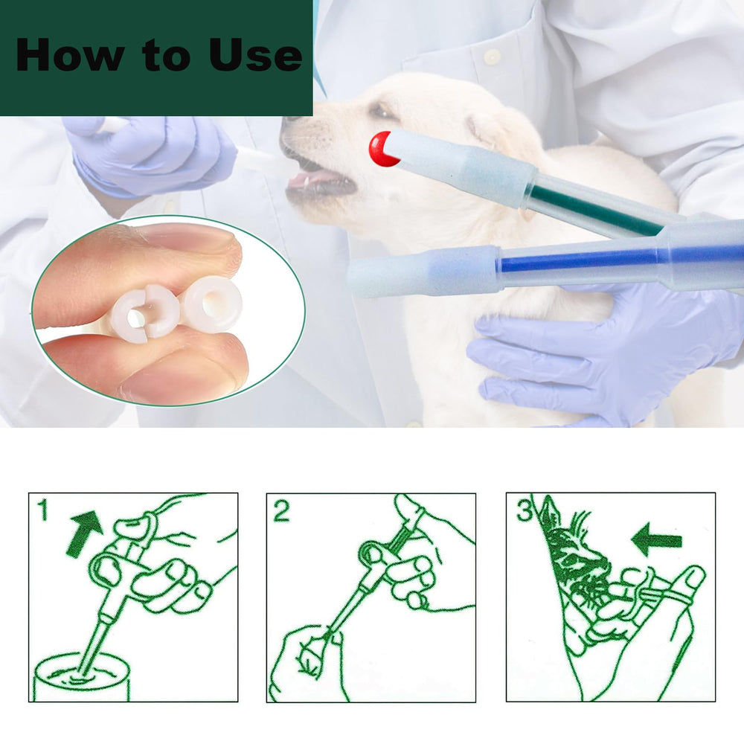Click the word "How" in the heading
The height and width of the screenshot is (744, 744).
pos(69,55)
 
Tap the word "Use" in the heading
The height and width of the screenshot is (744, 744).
pos(255,55)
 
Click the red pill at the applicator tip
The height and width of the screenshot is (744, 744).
pos(382,149)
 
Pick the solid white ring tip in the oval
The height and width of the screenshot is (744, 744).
pos(212,304)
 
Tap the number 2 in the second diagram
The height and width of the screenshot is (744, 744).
pos(281,511)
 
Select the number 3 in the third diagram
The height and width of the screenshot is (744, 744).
pos(525,510)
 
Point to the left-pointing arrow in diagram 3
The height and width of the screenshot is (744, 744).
pos(657,540)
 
